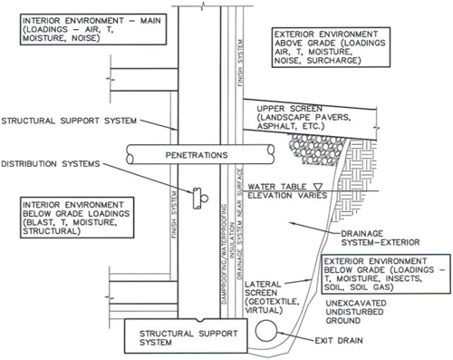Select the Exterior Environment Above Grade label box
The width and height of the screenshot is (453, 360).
point(330,46)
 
